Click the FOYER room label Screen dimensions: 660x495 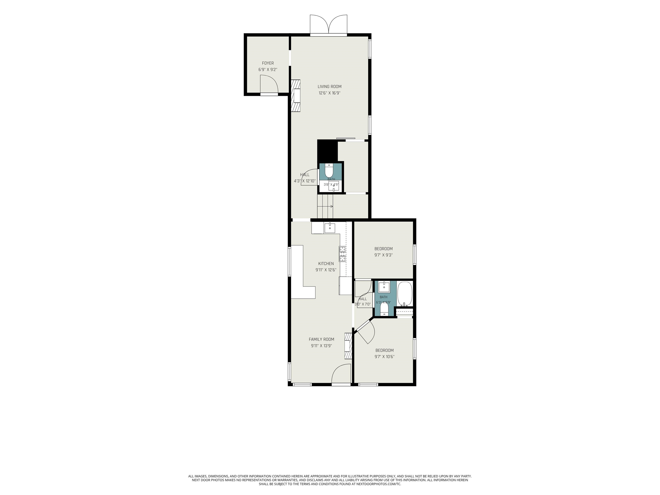(x=268, y=63)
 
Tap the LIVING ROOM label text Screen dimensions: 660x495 (x=329, y=87)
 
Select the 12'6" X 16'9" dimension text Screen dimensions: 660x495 (x=329, y=93)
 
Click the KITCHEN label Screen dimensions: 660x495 (x=326, y=263)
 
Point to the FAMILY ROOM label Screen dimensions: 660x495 (x=321, y=339)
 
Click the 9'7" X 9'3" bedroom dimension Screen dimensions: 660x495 (x=383, y=255)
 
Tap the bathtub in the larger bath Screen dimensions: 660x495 (x=405, y=294)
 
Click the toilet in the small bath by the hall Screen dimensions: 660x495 (x=329, y=171)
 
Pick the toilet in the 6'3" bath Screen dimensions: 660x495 (x=384, y=308)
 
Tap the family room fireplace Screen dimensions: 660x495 (x=348, y=346)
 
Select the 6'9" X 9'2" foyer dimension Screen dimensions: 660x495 (x=268, y=70)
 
